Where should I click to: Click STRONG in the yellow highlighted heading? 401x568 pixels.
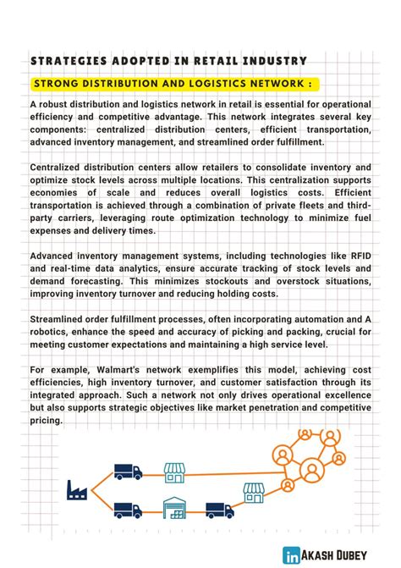click(59, 84)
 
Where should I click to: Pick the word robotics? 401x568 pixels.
click(52, 332)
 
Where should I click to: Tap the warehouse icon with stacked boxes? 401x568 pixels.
click(174, 508)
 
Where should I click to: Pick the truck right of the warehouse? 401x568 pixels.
click(219, 510)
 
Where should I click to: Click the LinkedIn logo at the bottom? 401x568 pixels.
click(291, 555)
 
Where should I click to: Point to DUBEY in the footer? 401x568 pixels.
click(367, 555)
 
